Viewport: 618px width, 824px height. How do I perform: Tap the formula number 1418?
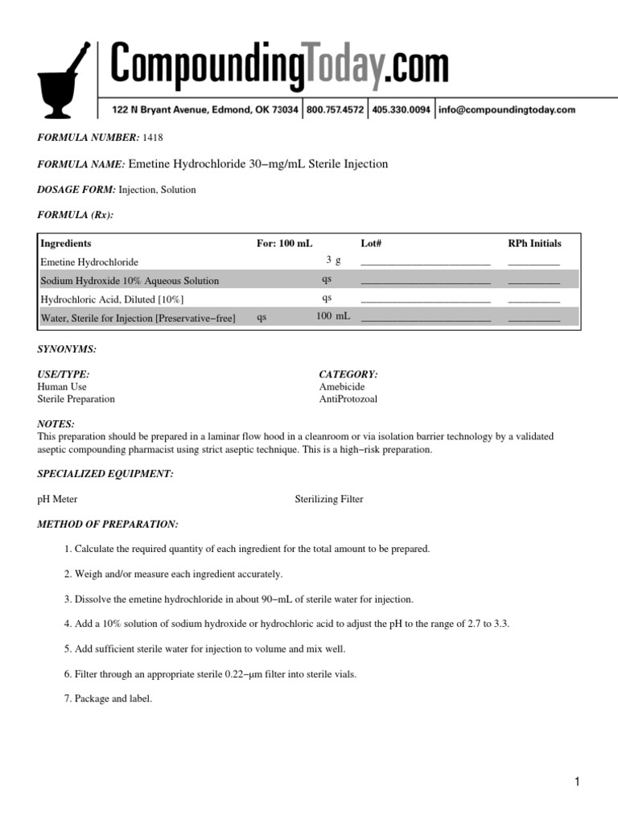(153, 138)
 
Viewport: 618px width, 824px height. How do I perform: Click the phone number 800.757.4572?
(336, 109)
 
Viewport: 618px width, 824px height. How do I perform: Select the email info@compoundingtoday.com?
(507, 109)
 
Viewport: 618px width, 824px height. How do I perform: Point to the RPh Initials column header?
(534, 243)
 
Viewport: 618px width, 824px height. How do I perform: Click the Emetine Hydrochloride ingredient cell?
(89, 262)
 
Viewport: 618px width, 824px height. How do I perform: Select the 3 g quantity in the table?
(333, 261)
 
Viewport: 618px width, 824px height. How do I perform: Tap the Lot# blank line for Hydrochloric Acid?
(425, 299)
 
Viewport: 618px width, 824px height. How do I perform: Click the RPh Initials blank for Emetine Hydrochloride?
(534, 262)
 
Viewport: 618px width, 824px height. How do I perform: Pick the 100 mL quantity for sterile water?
(333, 317)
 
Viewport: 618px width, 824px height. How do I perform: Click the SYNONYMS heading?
(67, 349)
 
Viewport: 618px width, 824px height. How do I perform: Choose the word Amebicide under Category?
(341, 387)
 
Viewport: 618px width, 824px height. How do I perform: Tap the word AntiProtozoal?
(348, 399)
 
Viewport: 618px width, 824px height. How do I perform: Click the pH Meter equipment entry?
(58, 500)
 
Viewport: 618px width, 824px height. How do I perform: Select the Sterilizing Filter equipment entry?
(329, 500)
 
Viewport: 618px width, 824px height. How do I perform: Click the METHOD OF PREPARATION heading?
(108, 525)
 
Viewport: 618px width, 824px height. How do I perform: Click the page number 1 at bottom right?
(577, 781)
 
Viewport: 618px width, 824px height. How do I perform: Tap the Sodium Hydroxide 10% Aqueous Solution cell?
(130, 281)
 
